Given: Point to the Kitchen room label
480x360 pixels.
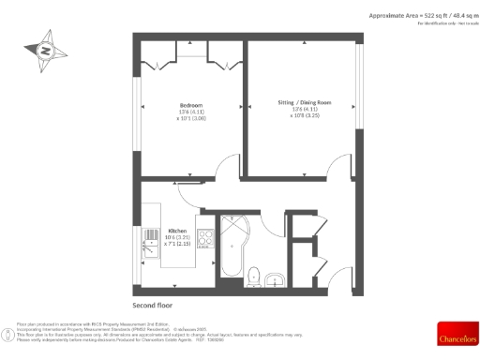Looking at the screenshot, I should coord(177,231).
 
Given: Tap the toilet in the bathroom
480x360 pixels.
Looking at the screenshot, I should coord(254,276).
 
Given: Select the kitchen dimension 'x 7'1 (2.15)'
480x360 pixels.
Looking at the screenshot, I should coord(177,243).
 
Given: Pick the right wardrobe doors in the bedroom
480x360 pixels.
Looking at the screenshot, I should coord(223,65).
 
